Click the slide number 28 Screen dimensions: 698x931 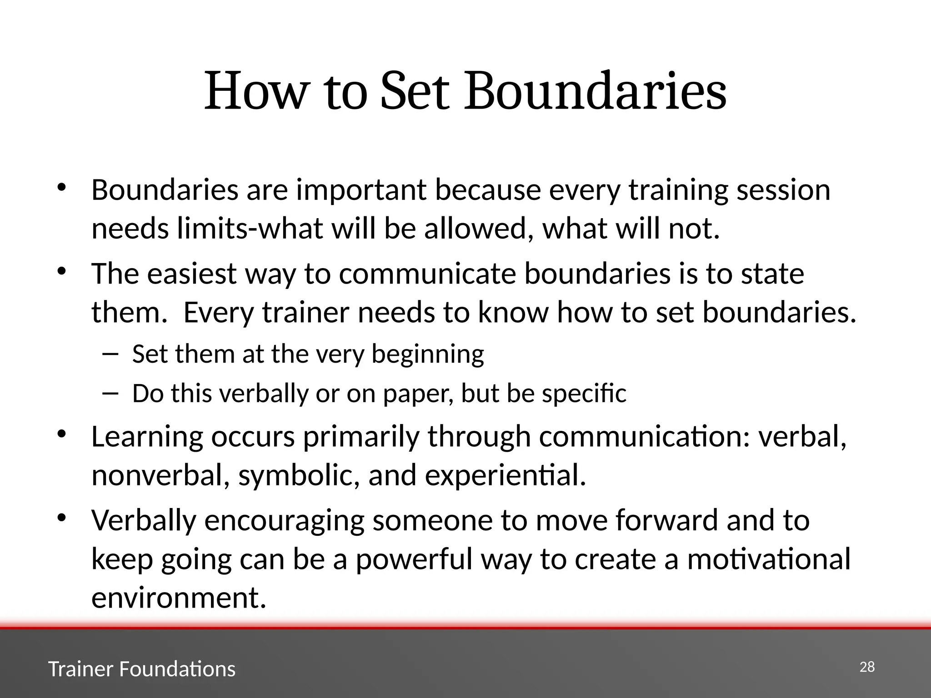click(867, 667)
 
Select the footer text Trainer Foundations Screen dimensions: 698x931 click(142, 669)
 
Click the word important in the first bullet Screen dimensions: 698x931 click(361, 190)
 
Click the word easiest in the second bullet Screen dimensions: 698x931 click(191, 274)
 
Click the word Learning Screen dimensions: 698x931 click(147, 437)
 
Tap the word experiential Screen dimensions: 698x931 click(505, 476)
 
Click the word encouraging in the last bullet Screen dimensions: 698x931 click(284, 520)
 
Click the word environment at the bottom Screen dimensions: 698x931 click(178, 598)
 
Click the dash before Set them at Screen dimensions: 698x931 click(110, 354)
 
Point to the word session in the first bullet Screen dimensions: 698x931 click(783, 190)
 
